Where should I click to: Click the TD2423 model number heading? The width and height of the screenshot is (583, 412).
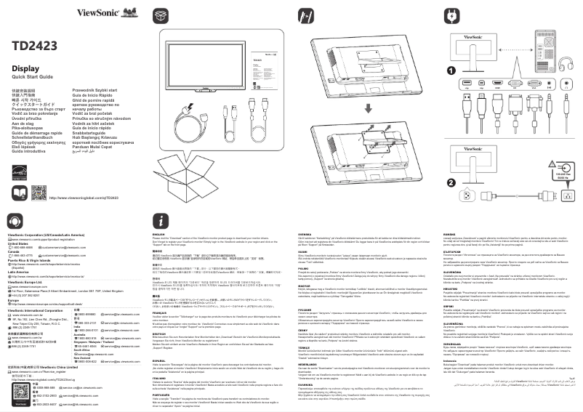[x=33, y=45]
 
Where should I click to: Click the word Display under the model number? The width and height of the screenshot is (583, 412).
[x=25, y=68]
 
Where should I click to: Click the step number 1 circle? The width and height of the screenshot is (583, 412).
[x=451, y=71]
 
